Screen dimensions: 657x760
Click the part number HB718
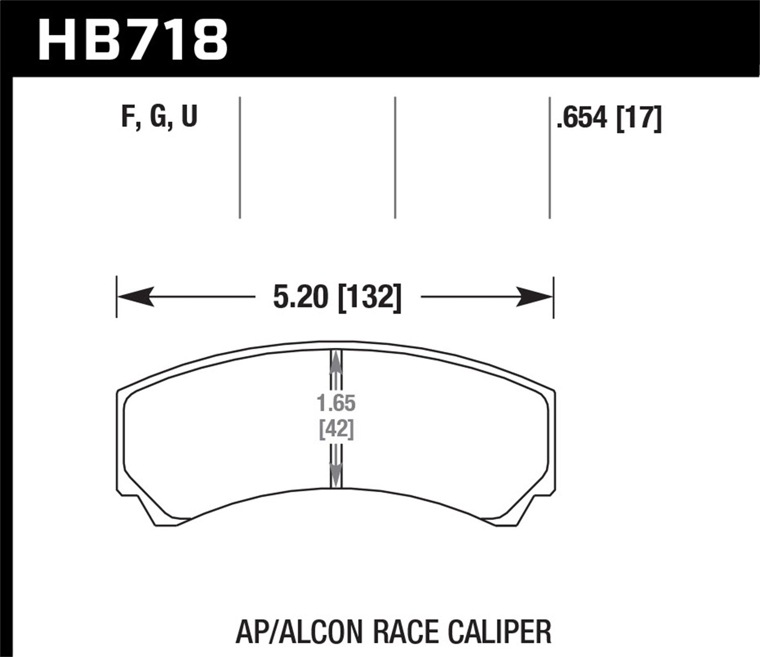(133, 39)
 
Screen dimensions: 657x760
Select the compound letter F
(128, 117)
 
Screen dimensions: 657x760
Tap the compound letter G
(158, 117)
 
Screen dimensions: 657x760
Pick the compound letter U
(188, 117)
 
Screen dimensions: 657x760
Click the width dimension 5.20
(300, 297)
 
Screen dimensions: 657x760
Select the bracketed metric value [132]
(369, 297)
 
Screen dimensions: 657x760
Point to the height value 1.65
(336, 404)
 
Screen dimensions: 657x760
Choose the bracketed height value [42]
(336, 430)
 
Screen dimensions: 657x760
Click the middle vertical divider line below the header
(395, 157)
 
